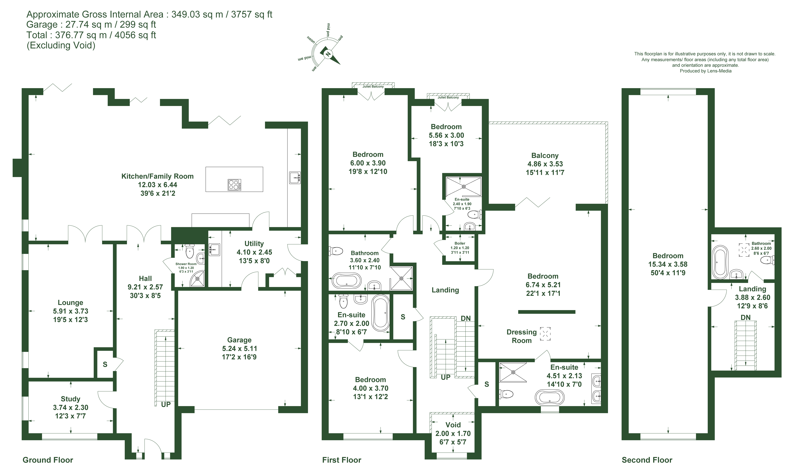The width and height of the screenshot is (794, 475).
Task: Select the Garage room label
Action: point(239,340)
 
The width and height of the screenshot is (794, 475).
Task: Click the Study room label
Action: point(70,399)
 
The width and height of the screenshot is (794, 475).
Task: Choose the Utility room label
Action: point(254,244)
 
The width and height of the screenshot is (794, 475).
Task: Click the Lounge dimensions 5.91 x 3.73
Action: point(70,311)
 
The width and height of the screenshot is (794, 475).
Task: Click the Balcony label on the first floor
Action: point(545,156)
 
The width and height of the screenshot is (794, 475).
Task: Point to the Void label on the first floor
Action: point(453,425)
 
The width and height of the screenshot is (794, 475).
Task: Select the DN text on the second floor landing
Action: point(746,318)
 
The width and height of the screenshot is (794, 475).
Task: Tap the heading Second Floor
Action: point(647,460)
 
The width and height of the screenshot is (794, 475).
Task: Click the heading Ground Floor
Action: point(48,460)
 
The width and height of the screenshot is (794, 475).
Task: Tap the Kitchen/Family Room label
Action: point(157,176)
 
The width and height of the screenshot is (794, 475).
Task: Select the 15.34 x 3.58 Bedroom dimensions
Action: point(668,264)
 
